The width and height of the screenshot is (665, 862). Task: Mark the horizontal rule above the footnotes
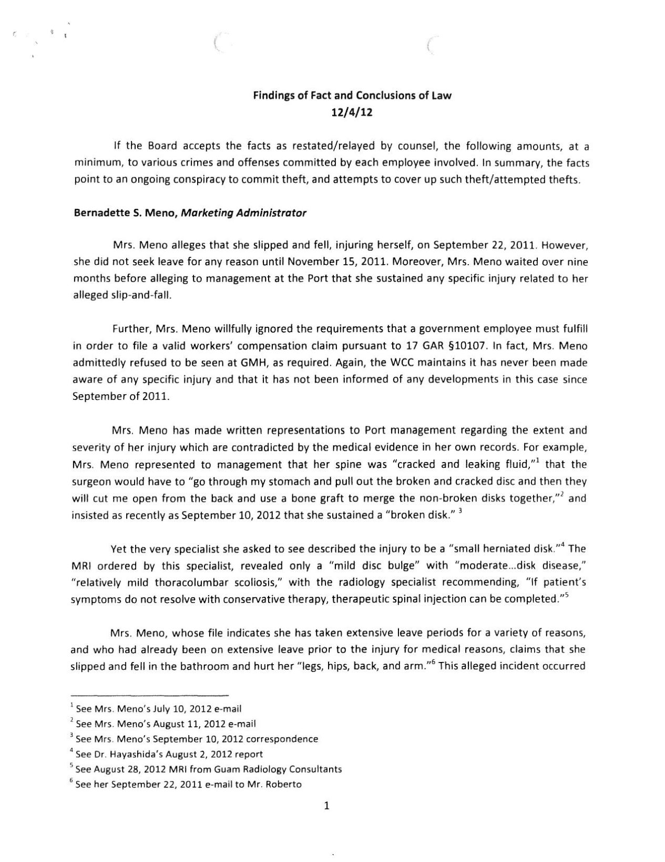[x=150, y=694]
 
